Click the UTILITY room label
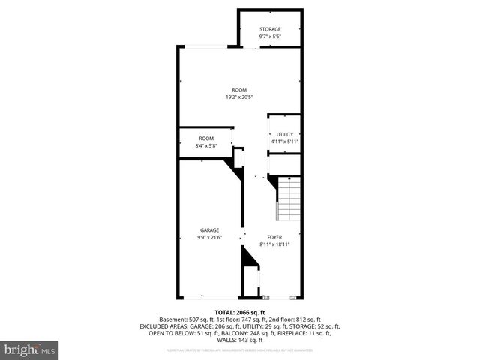click(x=285, y=134)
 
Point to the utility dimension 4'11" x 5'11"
click(x=285, y=141)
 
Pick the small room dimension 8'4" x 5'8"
click(x=206, y=145)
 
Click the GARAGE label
click(x=209, y=229)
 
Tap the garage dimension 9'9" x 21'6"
click(x=209, y=237)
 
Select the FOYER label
click(x=274, y=237)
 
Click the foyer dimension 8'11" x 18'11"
click(x=274, y=244)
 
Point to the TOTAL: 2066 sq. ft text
click(x=240, y=312)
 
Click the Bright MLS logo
click(x=30, y=349)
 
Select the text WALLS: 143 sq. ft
click(x=240, y=341)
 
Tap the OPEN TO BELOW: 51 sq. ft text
click(x=179, y=334)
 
